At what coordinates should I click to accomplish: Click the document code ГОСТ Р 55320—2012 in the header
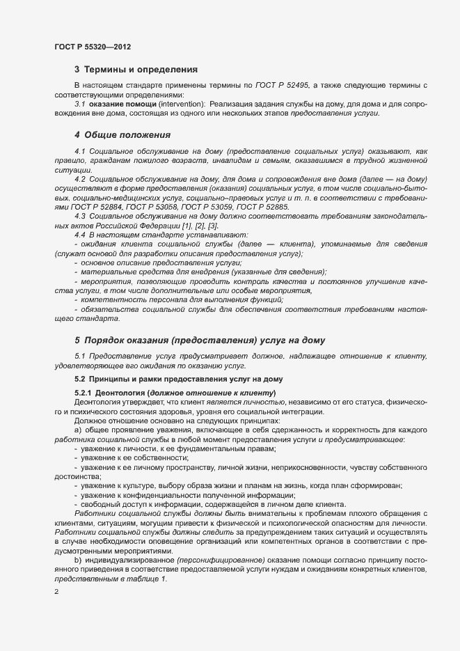pyautogui.click(x=92, y=47)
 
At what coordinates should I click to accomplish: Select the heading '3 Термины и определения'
pyautogui.click(x=136, y=70)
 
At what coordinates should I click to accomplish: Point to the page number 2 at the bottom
pyautogui.click(x=56, y=591)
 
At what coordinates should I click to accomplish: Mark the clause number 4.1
pyautogui.click(x=79, y=151)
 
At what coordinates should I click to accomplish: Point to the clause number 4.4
pyautogui.click(x=79, y=235)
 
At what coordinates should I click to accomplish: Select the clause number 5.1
pyautogui.click(x=79, y=356)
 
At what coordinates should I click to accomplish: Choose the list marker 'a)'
pyautogui.click(x=78, y=430)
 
